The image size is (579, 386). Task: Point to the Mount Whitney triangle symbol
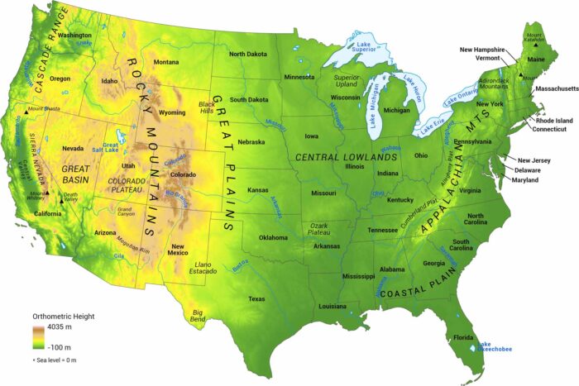(48, 194)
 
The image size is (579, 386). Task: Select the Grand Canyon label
(125, 212)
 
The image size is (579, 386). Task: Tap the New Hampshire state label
(484, 50)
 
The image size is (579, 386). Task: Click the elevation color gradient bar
(38, 337)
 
